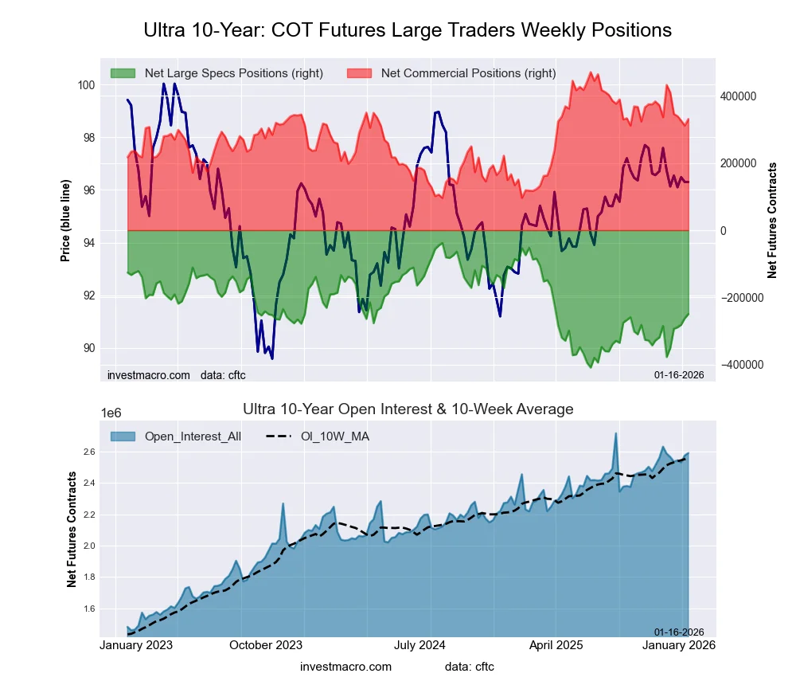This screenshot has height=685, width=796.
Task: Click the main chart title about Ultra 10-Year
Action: click(x=408, y=30)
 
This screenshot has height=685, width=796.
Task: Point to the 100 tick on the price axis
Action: click(x=86, y=85)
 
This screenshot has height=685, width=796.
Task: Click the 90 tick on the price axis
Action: click(x=88, y=348)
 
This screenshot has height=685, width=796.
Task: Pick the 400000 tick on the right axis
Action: click(x=737, y=96)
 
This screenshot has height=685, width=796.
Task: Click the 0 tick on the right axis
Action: click(x=723, y=231)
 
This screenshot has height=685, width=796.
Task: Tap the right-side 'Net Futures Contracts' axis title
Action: click(x=772, y=220)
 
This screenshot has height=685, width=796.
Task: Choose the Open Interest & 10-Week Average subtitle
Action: click(x=408, y=409)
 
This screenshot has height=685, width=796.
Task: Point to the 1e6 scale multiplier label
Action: click(x=114, y=413)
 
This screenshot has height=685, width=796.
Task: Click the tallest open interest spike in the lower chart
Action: click(x=615, y=435)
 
